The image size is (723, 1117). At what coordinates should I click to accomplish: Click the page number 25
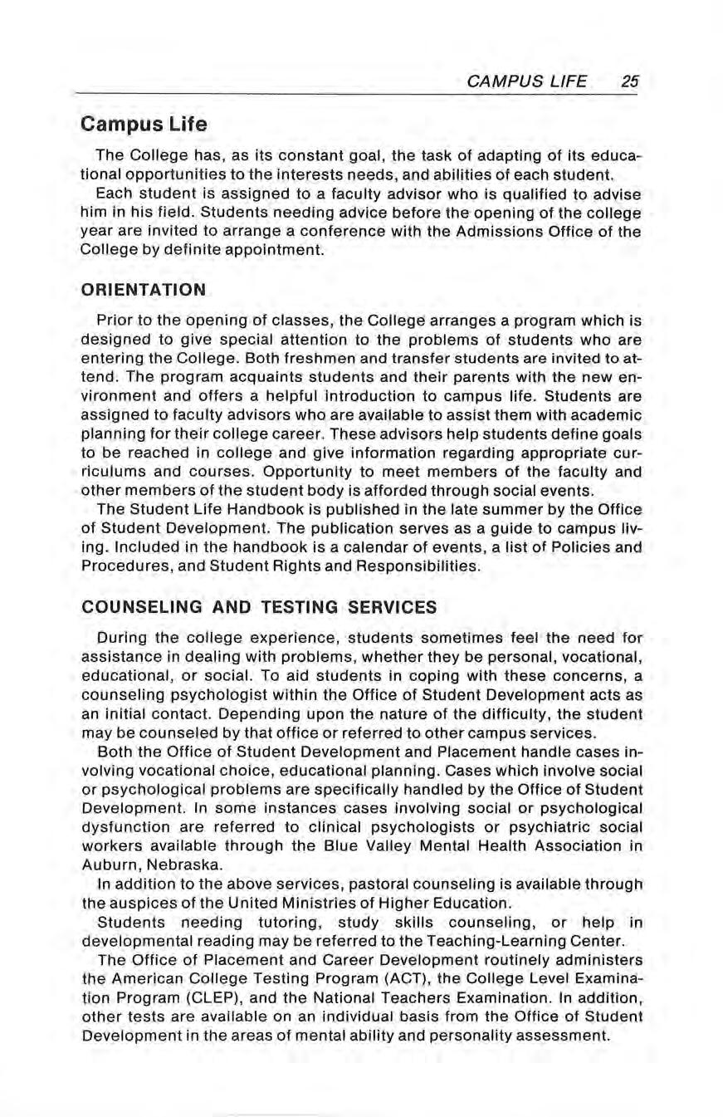point(629,81)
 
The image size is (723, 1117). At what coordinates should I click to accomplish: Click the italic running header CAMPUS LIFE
point(527,81)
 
